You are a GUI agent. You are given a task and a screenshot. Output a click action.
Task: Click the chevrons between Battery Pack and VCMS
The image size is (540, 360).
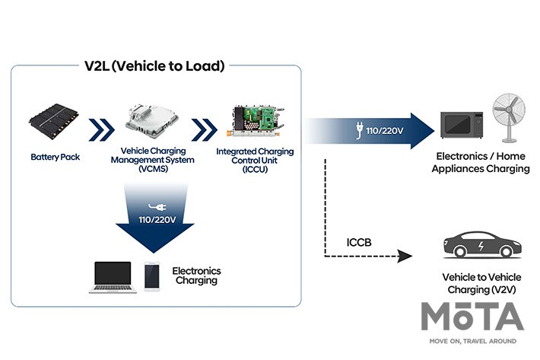[x=101, y=129]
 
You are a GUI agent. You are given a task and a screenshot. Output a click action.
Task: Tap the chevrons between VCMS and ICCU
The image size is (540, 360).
[x=203, y=129]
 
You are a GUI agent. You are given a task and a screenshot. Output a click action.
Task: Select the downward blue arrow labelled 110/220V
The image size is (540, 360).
[x=153, y=221]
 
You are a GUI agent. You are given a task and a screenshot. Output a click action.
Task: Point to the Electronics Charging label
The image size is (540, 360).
[x=196, y=276]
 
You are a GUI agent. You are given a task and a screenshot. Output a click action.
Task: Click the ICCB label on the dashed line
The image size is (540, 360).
[x=361, y=244]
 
